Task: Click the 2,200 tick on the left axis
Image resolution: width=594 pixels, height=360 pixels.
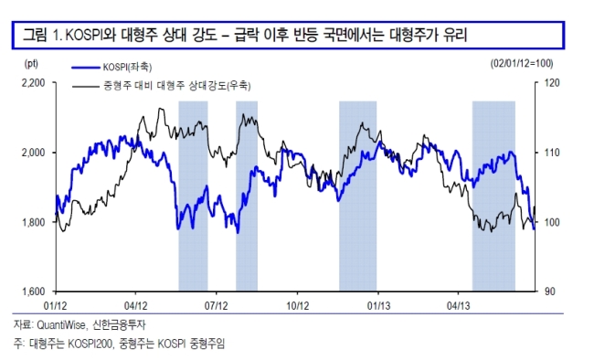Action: (x=33, y=82)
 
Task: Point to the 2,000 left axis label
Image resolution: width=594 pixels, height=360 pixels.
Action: (x=33, y=153)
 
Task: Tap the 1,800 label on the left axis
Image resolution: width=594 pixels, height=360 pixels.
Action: (x=33, y=222)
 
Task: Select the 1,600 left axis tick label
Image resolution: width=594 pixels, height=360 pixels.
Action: (x=33, y=291)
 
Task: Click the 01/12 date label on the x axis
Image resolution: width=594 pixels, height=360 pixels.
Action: (x=56, y=305)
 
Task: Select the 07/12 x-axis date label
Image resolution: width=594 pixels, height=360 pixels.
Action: (x=217, y=305)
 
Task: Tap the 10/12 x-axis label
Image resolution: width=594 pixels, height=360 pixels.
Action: (x=297, y=305)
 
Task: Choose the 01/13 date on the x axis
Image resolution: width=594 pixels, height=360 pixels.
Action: (x=378, y=305)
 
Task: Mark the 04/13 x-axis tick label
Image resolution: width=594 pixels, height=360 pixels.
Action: (x=459, y=305)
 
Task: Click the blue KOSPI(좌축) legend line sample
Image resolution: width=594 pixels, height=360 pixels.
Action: (x=86, y=68)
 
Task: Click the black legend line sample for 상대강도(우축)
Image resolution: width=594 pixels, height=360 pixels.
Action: (x=86, y=87)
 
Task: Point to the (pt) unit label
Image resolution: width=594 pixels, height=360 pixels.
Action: (x=31, y=63)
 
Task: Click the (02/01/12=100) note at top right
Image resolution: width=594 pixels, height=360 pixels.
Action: (x=522, y=63)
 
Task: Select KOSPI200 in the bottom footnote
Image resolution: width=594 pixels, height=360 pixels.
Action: (x=90, y=344)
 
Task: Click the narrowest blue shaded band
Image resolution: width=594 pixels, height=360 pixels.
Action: (x=247, y=196)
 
